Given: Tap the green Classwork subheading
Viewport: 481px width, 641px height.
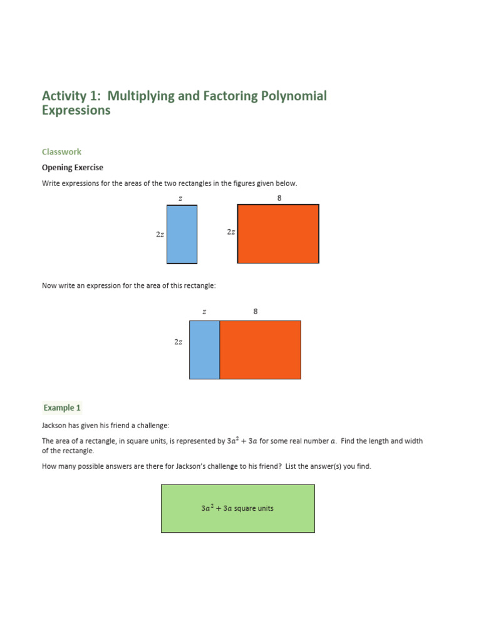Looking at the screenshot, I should (x=61, y=151).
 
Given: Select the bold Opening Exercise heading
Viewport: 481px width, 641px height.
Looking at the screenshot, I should (x=73, y=168).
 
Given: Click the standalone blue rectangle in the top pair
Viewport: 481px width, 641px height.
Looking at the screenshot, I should (x=182, y=234).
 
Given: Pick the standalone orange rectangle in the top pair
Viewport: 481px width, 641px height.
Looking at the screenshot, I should (x=278, y=233).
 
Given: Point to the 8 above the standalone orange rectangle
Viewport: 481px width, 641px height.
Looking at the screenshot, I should (x=279, y=198).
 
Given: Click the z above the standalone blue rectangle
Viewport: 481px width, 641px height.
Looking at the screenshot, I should (x=180, y=198).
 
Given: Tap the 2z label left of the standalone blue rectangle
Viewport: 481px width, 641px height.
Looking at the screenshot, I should (x=160, y=234).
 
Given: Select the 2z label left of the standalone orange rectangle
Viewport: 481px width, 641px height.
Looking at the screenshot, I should (x=231, y=232).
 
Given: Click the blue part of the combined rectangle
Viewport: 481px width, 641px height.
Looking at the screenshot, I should (x=205, y=350).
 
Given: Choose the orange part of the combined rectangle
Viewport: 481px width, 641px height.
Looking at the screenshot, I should (x=260, y=350).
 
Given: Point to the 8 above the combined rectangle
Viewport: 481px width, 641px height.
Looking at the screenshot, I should (x=256, y=311).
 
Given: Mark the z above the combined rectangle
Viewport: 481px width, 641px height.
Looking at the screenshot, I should (x=204, y=312).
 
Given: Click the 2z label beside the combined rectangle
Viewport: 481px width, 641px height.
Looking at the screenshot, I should (x=178, y=342).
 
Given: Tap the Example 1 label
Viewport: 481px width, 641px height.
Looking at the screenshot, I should (x=62, y=408).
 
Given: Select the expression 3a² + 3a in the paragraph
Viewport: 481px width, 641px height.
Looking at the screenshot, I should (x=242, y=441).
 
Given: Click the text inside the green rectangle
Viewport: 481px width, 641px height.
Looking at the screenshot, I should (x=237, y=508).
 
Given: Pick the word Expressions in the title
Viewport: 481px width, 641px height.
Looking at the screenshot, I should (x=76, y=110).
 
